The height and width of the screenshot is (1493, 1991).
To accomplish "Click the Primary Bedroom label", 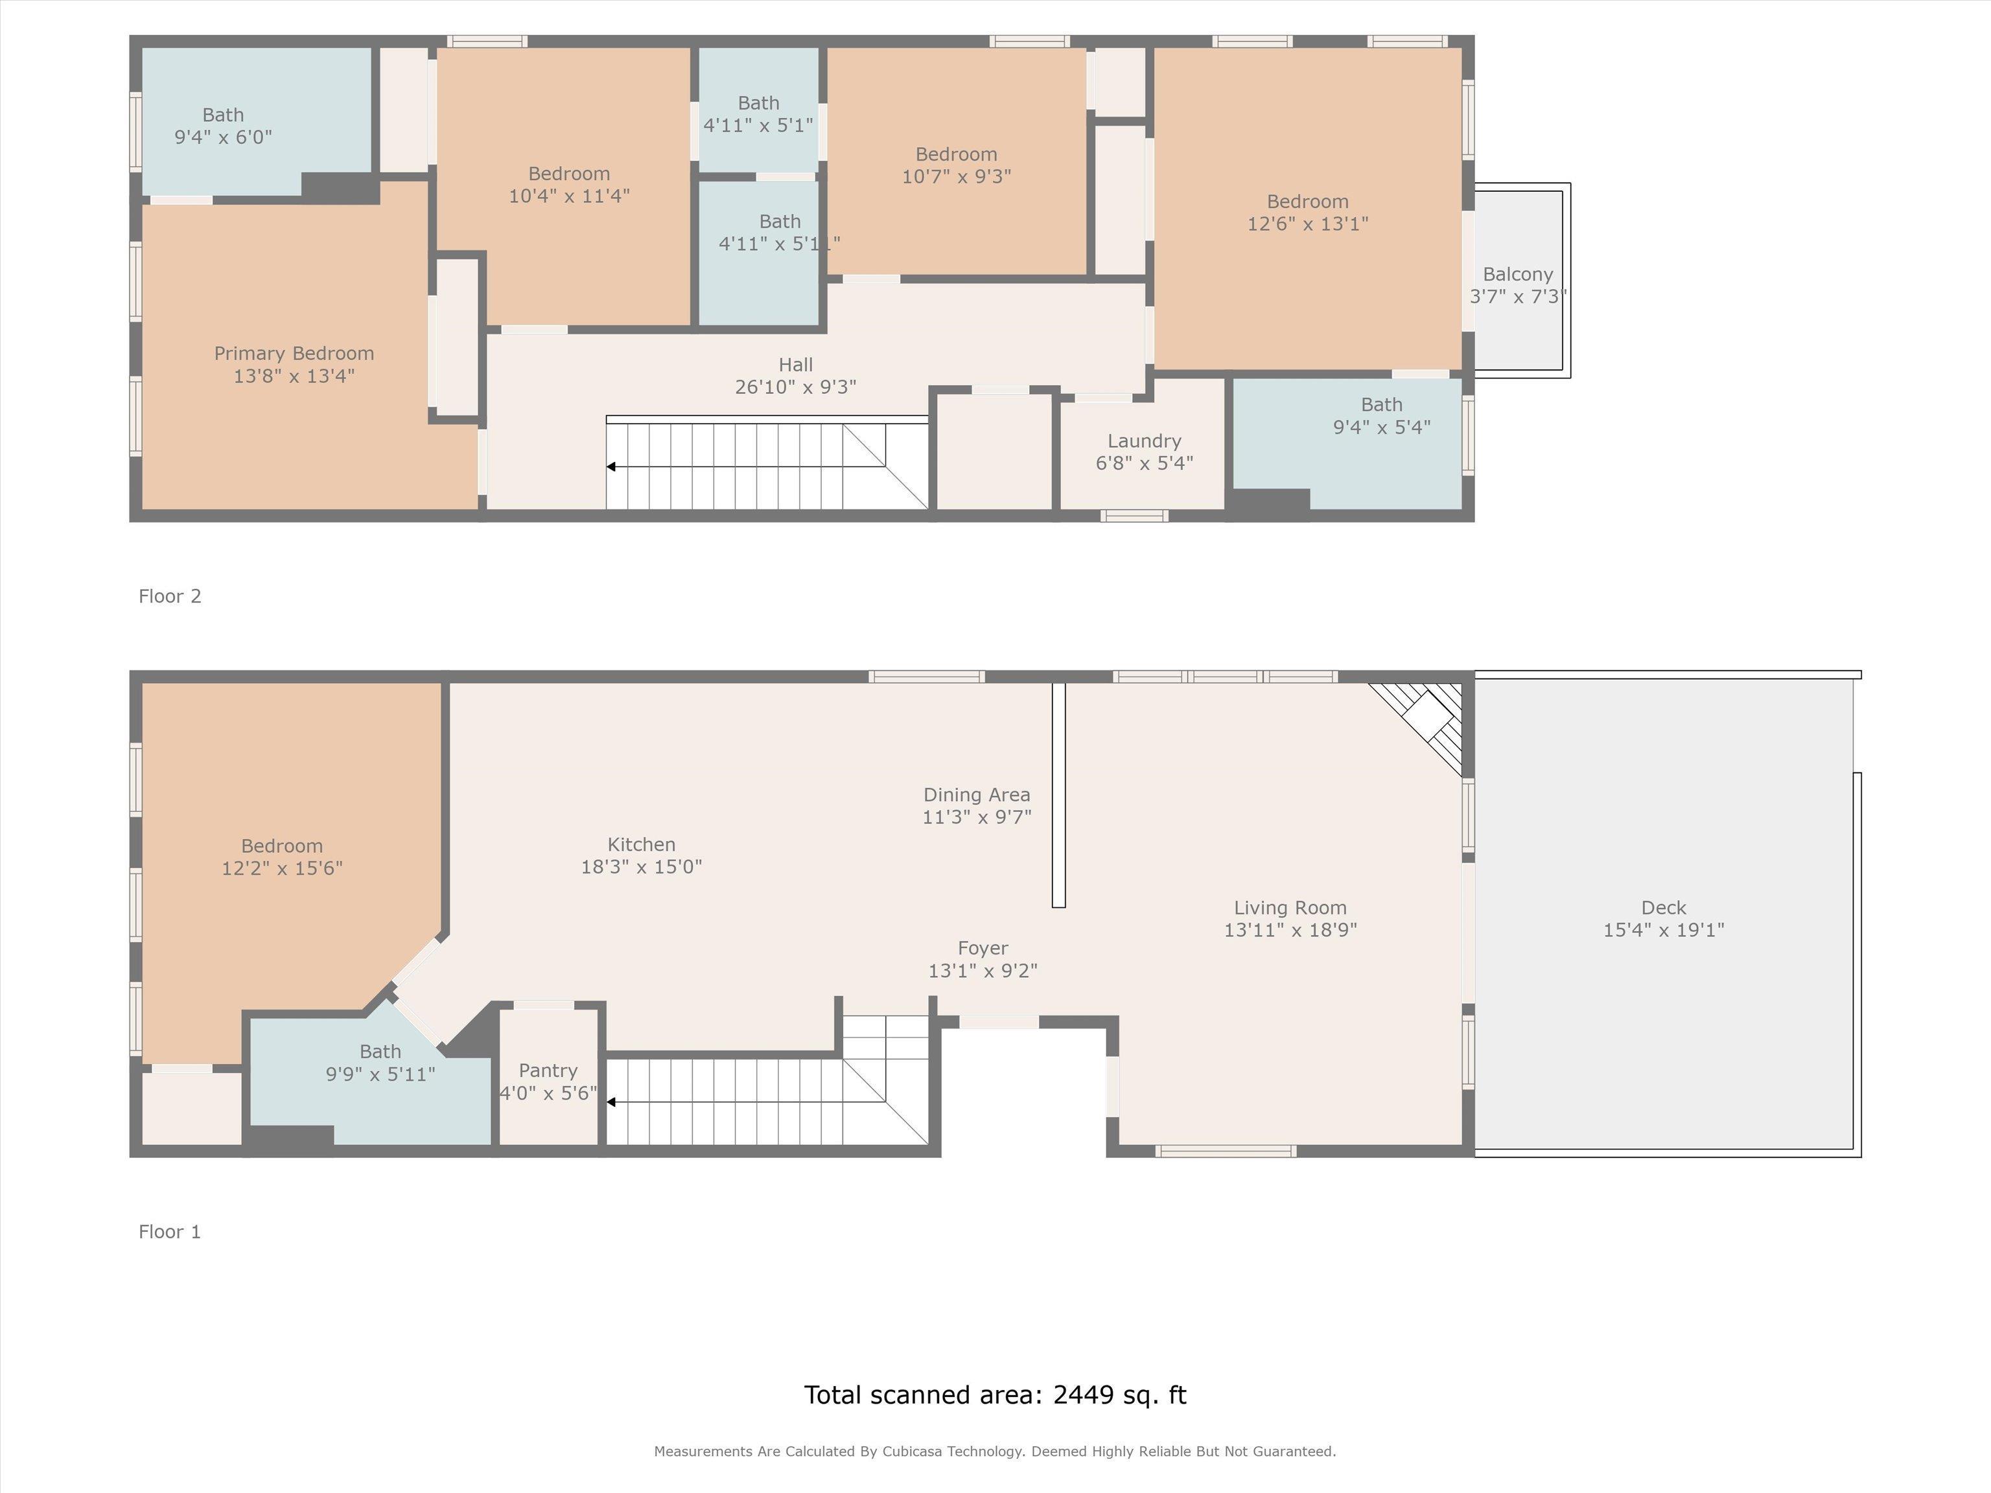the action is click(x=294, y=354).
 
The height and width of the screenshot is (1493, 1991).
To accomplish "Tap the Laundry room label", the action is click(x=1144, y=441).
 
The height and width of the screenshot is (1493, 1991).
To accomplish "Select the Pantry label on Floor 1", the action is click(x=548, y=1071).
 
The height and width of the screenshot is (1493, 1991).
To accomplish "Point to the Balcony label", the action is click(x=1517, y=275).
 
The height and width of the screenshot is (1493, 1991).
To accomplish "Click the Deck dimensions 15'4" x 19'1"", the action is click(x=1663, y=930).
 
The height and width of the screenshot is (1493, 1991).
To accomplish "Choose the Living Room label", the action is click(x=1290, y=908).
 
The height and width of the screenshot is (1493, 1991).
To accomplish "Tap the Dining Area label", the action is click(x=977, y=794).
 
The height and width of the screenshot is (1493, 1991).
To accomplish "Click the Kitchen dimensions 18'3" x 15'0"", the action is click(x=641, y=866).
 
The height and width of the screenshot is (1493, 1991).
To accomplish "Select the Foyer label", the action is click(x=983, y=949).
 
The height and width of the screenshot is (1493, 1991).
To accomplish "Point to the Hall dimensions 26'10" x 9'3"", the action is click(x=796, y=387).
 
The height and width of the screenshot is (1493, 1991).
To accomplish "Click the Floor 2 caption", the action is click(x=170, y=596).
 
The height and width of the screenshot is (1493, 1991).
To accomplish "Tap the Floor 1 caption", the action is click(x=170, y=1231).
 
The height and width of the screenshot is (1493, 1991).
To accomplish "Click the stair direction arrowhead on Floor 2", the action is click(x=611, y=467).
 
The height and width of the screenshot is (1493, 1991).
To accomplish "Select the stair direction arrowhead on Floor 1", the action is click(x=611, y=1102).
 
